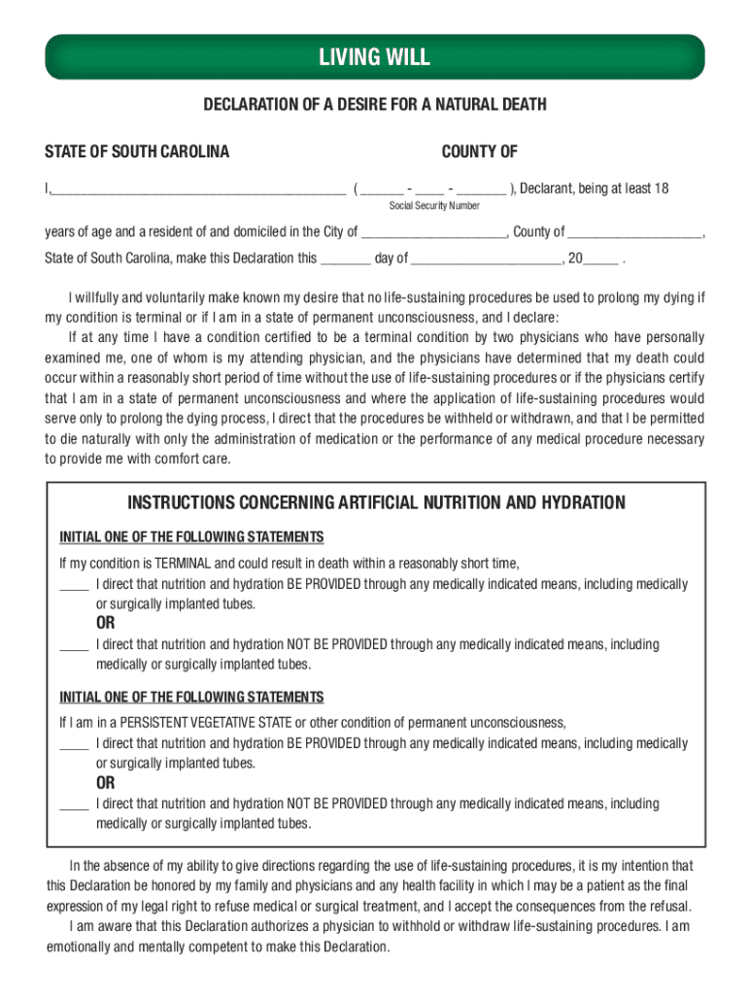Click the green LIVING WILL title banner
pos(374,57)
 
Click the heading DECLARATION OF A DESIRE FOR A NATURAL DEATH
pos(374,104)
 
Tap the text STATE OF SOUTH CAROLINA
pos(137,152)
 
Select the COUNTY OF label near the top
pos(479,152)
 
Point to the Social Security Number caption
pos(434,206)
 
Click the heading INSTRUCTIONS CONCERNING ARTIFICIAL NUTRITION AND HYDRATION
pos(377,502)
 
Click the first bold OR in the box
pos(105,624)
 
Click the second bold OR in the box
pos(105,783)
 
